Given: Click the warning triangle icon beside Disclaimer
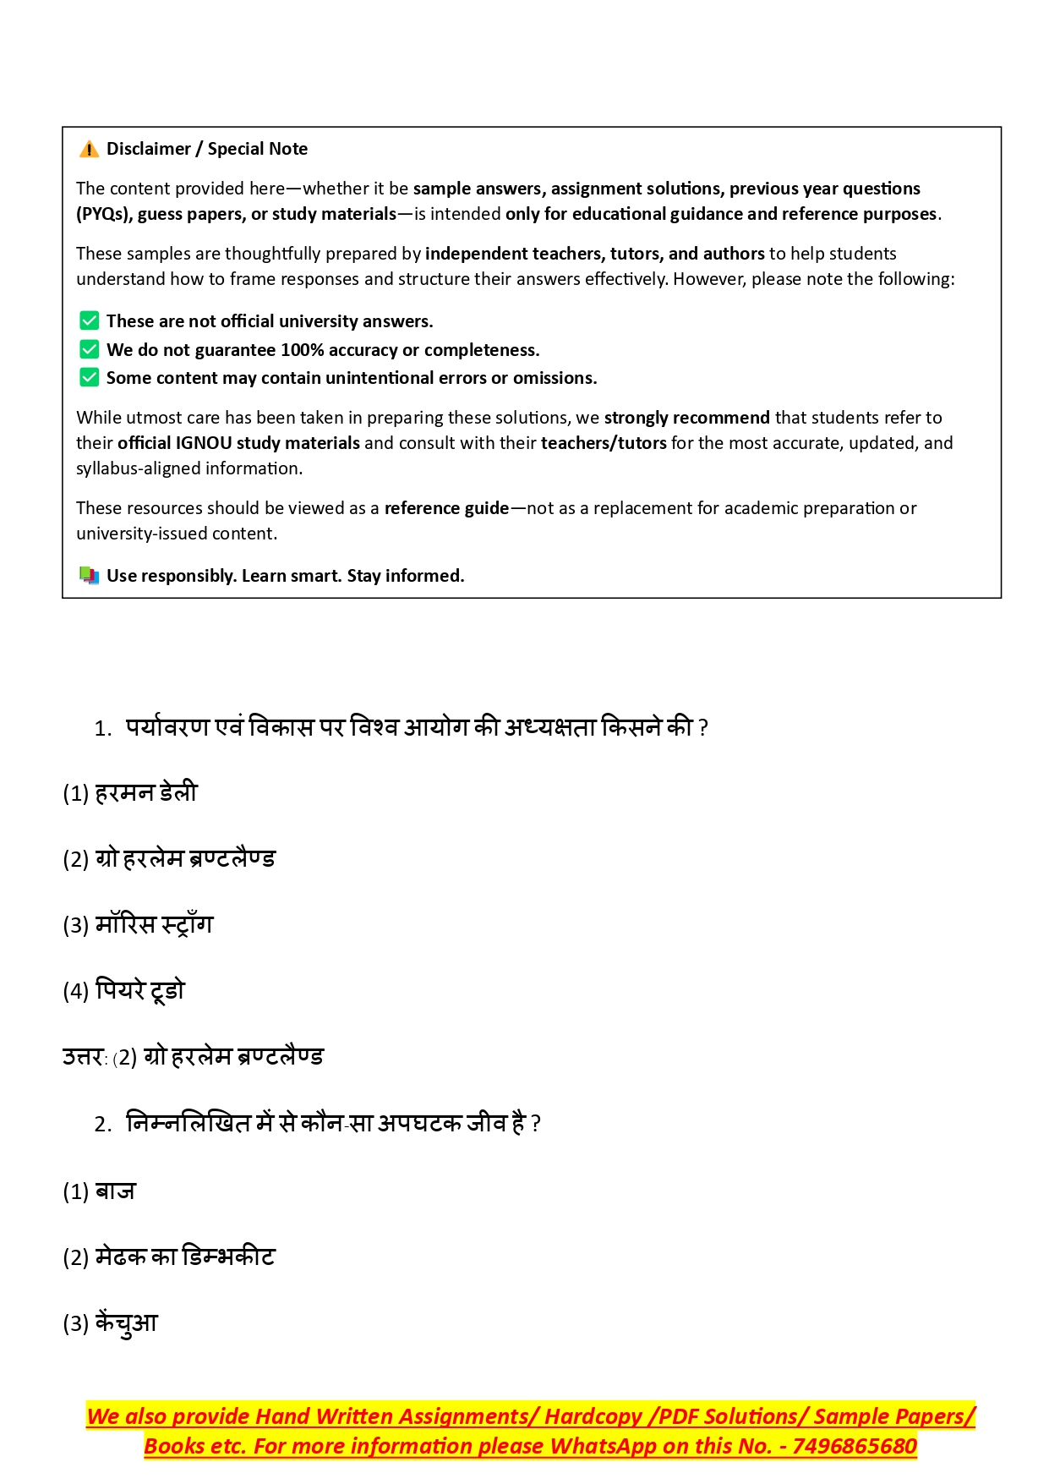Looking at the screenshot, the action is pyautogui.click(x=89, y=150).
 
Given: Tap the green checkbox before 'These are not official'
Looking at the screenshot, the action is pyautogui.click(x=89, y=320).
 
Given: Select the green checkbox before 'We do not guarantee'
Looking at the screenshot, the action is pyautogui.click(x=89, y=349).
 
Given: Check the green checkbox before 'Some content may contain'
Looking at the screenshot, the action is pyautogui.click(x=89, y=377).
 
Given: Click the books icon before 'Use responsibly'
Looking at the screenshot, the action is pyautogui.click(x=89, y=575).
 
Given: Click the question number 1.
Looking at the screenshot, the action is pyautogui.click(x=102, y=729).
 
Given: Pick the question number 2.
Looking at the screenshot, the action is pyautogui.click(x=102, y=1125).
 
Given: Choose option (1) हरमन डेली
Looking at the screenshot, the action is pyautogui.click(x=130, y=793).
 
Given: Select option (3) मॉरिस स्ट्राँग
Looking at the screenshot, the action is pyautogui.click(x=138, y=925).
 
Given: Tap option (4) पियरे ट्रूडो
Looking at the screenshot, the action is pyautogui.click(x=123, y=991).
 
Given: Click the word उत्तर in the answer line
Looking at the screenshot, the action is pyautogui.click(x=83, y=1057).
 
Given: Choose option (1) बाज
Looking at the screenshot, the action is pyautogui.click(x=99, y=1191).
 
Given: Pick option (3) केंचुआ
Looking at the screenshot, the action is pyautogui.click(x=111, y=1323).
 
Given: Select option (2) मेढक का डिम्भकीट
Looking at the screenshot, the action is pyautogui.click(x=169, y=1257).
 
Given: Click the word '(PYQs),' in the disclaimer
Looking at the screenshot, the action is pyautogui.click(x=104, y=214).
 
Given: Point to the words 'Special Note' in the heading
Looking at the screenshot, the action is pyautogui.click(x=258, y=149).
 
